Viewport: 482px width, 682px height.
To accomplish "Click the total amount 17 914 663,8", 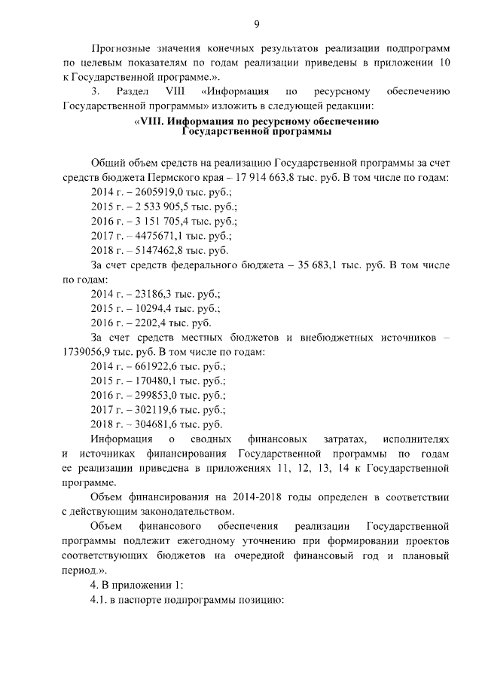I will (x=278, y=178).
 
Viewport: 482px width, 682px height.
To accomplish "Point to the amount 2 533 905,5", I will (x=162, y=206).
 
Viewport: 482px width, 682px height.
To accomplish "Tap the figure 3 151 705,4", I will (x=162, y=222).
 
